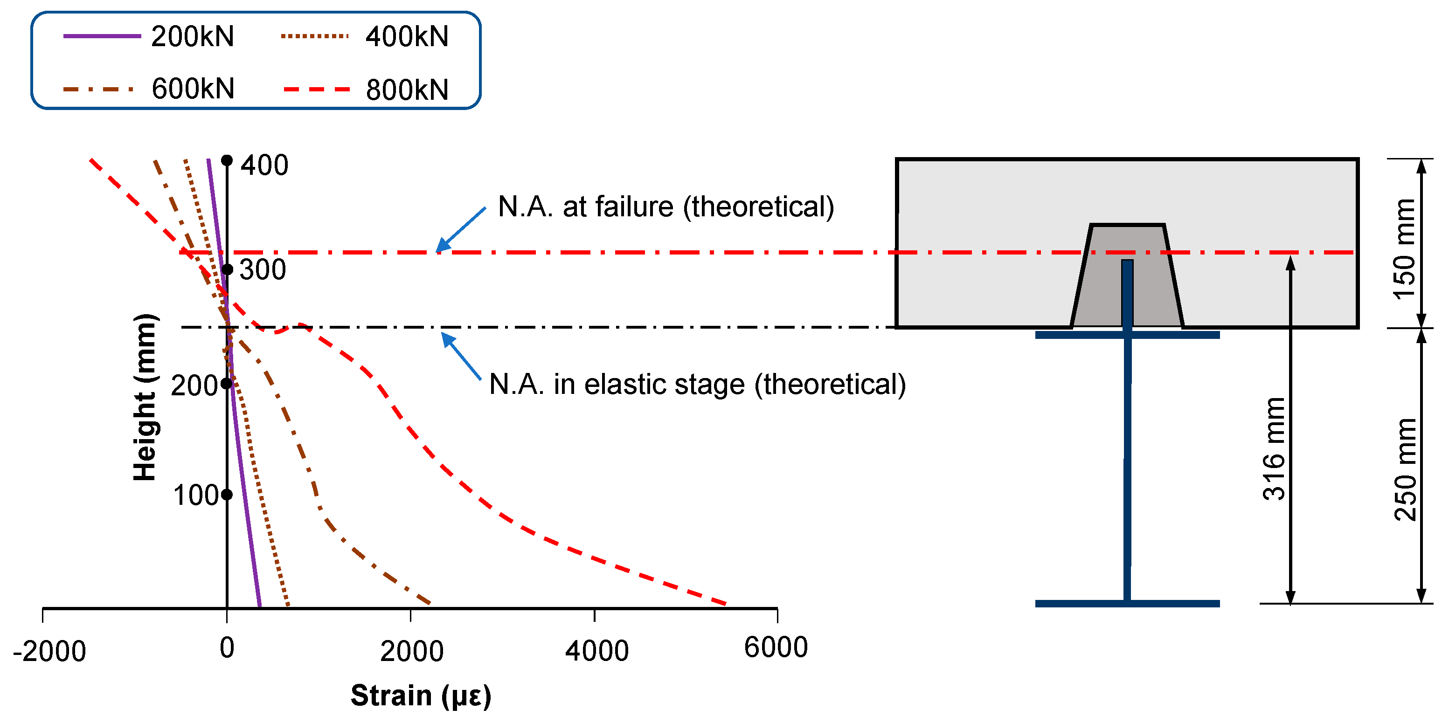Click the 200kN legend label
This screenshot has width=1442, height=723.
(192, 37)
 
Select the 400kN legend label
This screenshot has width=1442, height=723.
(407, 37)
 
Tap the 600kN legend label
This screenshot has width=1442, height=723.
(193, 89)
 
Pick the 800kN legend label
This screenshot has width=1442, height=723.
(407, 90)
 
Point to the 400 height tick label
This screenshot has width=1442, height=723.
(264, 165)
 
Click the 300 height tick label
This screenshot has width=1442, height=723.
(263, 270)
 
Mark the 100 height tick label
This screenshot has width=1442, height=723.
(195, 495)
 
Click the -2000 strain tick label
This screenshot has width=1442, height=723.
(49, 651)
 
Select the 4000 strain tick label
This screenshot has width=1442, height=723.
(597, 651)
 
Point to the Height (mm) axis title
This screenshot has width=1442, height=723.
(145, 397)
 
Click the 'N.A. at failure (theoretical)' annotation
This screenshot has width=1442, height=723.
(666, 207)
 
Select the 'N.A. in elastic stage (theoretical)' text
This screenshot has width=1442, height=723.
(697, 385)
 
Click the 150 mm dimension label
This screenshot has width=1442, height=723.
(1404, 249)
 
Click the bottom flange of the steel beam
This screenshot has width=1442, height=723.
(1127, 603)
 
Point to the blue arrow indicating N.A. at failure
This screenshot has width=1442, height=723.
(460, 230)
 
